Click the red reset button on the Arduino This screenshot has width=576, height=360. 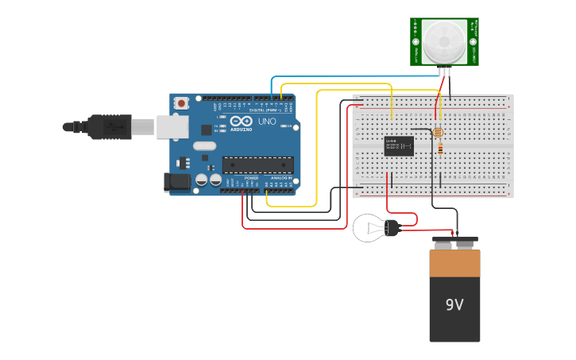(182, 103)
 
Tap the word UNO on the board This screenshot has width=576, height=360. (267, 122)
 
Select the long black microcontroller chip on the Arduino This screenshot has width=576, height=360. (257, 165)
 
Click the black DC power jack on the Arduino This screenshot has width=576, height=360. (176, 182)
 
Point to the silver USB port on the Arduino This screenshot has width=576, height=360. (170, 126)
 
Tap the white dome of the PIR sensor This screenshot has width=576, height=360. (444, 41)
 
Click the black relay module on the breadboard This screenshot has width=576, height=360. (399, 145)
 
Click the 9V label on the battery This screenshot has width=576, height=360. (454, 304)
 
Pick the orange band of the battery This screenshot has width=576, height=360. (454, 262)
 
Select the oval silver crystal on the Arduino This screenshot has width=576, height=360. (204, 145)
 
